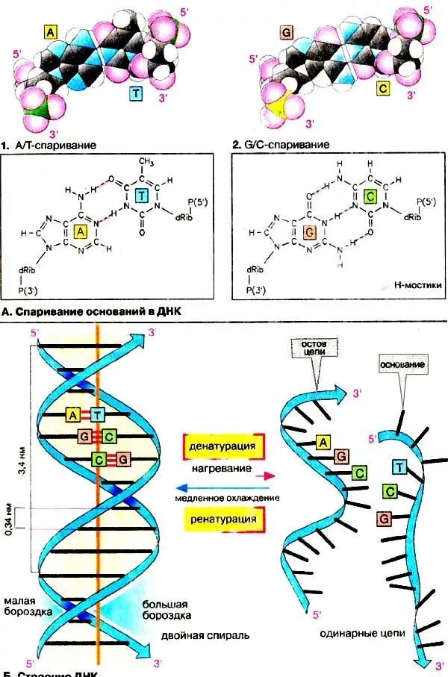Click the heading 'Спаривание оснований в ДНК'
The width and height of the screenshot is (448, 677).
pyautogui.click(x=99, y=310)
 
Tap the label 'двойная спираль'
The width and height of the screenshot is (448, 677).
pyautogui.click(x=205, y=636)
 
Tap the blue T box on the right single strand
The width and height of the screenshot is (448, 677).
pyautogui.click(x=400, y=467)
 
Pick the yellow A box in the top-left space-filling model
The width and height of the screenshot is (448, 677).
pyautogui.click(x=50, y=33)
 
